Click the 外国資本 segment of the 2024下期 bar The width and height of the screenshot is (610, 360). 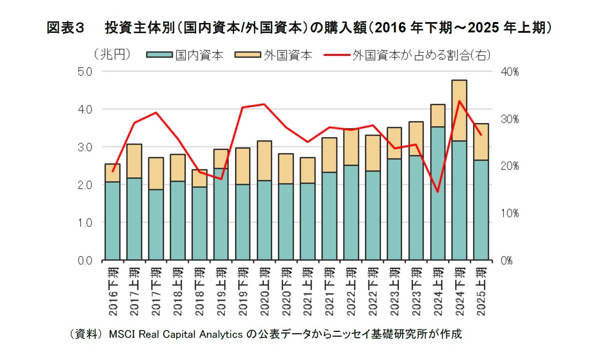(x=459, y=110)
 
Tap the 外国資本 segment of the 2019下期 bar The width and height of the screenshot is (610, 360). (x=242, y=166)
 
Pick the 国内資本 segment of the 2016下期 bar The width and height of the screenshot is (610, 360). (x=112, y=221)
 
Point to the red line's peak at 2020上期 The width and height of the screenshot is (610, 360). (x=264, y=104)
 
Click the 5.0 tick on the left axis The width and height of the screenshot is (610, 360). (x=87, y=72)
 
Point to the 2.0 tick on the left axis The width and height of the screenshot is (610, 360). (x=87, y=184)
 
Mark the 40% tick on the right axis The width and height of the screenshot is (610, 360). (x=509, y=72)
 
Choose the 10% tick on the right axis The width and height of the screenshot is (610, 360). (x=509, y=213)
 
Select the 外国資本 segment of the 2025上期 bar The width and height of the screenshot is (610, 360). (x=481, y=142)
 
